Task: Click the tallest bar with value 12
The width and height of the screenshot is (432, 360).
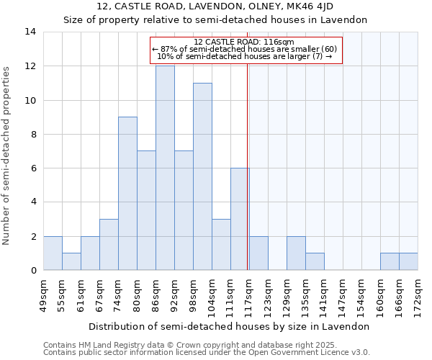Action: point(165,168)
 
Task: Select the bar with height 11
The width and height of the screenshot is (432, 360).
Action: point(202,176)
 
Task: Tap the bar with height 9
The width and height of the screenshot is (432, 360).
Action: point(127,193)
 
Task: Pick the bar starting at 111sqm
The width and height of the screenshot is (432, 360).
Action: point(240,219)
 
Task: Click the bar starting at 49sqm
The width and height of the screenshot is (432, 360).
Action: point(53,253)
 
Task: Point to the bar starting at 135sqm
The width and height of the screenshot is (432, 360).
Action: point(315,261)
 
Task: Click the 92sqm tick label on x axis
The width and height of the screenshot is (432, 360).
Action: point(175,294)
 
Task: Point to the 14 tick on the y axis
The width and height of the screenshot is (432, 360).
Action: point(30,32)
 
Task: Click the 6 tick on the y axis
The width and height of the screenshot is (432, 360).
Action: point(33,168)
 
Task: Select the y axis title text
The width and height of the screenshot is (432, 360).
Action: point(7,156)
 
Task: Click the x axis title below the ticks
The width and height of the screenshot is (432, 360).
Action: point(230,326)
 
